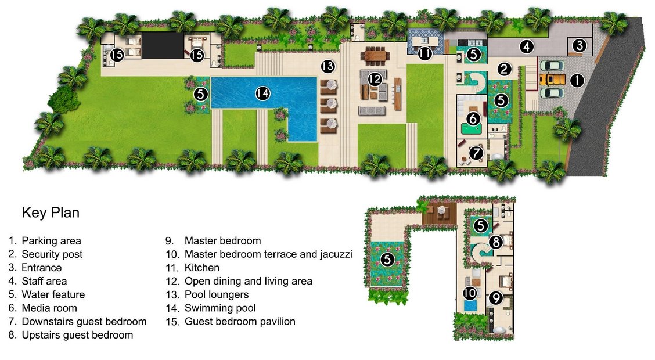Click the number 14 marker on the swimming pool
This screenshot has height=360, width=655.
point(262,93)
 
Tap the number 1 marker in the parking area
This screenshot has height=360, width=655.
point(577,80)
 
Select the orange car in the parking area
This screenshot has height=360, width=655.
point(552,80)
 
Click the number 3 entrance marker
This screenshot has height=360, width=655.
point(580,45)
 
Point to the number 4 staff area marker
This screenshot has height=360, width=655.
point(527,46)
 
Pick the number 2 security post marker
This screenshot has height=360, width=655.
point(504,69)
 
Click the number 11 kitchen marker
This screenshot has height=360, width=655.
point(425,53)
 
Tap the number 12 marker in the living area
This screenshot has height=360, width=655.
point(375,78)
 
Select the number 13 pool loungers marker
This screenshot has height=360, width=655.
point(328,66)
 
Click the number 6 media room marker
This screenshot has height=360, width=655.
point(473,118)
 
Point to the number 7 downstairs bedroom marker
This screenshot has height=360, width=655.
point(476,153)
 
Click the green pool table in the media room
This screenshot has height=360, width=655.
point(471,128)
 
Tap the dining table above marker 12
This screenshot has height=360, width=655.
point(376,56)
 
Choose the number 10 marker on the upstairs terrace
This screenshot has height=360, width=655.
point(470,293)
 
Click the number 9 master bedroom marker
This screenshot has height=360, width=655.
point(495,298)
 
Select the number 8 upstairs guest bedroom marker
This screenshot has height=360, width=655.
point(495,242)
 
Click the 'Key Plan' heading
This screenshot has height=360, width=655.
point(51,213)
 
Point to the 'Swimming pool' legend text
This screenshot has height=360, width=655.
point(220,308)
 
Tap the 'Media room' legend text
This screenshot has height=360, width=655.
point(49,308)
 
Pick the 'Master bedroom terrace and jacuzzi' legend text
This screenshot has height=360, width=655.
point(268,254)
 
